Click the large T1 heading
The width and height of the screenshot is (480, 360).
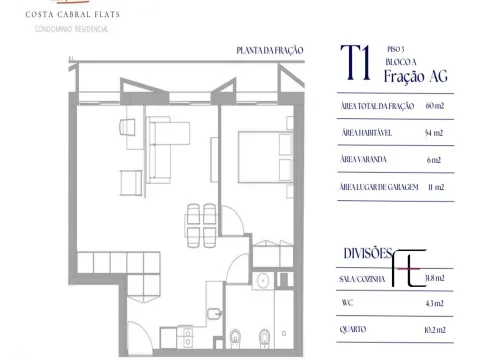356,63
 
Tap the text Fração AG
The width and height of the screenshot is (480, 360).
416,76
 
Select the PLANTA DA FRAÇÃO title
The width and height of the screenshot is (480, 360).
270,51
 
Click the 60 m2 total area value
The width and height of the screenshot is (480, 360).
435,106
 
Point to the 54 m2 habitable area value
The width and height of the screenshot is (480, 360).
434,133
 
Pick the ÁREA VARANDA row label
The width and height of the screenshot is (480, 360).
363,159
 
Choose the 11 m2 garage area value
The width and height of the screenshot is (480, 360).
436,187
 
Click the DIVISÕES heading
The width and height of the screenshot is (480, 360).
368,254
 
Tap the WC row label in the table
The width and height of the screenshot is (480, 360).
347,303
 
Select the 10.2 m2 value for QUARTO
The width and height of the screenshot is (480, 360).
435,330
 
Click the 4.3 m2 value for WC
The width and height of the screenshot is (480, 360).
435,303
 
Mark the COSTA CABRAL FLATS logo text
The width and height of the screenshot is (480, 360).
73,14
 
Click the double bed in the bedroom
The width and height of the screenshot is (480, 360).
266,157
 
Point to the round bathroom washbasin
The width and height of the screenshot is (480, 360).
263,281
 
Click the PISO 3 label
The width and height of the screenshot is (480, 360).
396,49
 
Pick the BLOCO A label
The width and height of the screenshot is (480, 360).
401,62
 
